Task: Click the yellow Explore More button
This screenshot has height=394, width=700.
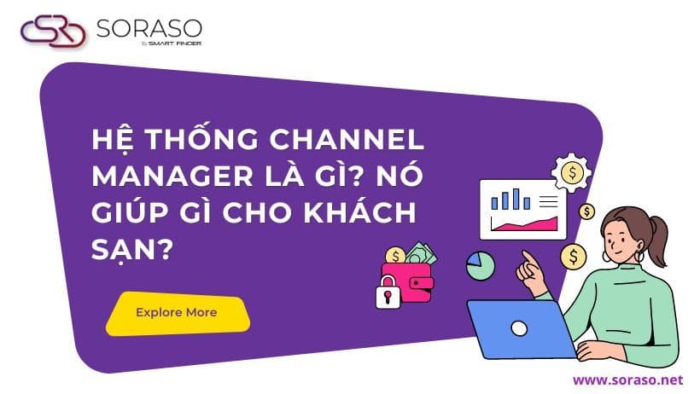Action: tap(177, 312)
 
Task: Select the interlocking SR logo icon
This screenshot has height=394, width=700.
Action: tap(53, 31)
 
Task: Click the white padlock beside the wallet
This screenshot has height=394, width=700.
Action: tap(388, 293)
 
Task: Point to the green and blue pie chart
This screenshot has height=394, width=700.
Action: tap(481, 265)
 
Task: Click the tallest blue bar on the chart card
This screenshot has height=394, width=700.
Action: tap(516, 198)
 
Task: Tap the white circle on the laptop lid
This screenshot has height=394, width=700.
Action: tap(519, 329)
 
